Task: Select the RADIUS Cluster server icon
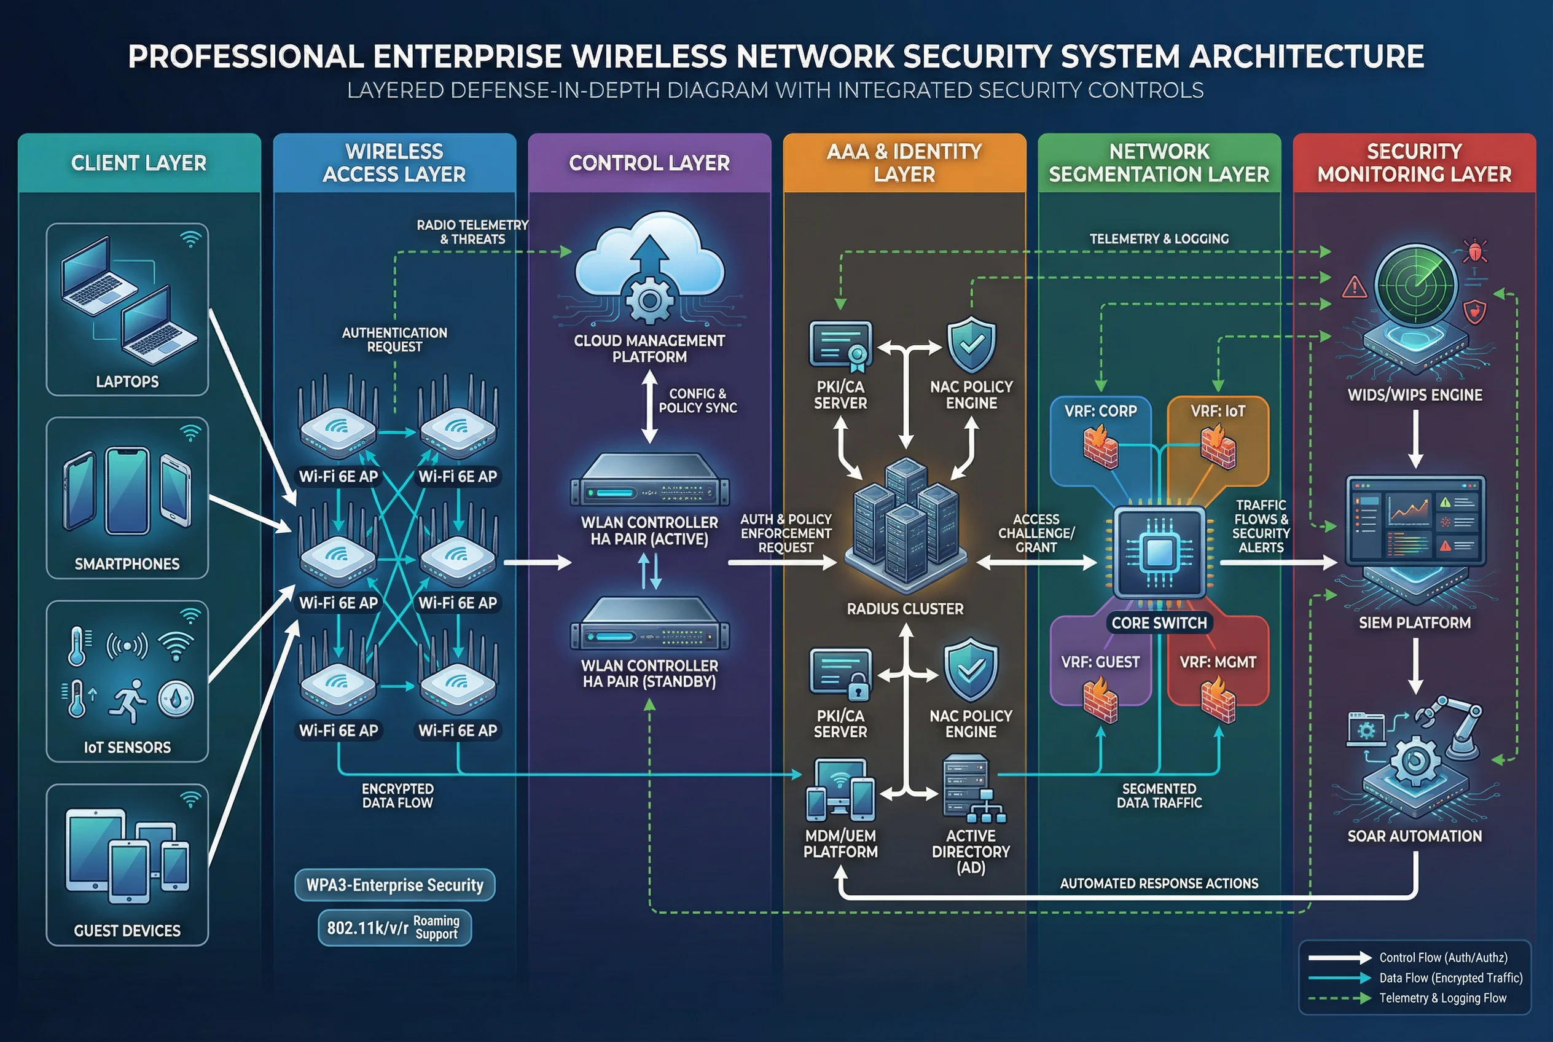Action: coord(904,525)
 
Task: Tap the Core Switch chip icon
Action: coord(1159,552)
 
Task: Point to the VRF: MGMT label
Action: coord(1218,662)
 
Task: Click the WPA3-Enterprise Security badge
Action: coord(395,885)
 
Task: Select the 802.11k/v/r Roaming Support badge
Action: coord(395,928)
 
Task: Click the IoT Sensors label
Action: coord(127,747)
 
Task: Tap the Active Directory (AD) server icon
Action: coord(971,788)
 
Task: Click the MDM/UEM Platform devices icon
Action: coord(840,791)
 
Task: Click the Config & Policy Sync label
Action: coord(697,401)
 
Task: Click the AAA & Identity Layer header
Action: coord(904,163)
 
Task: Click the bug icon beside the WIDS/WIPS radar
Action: coord(1474,251)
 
